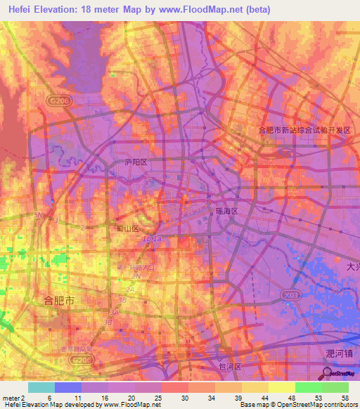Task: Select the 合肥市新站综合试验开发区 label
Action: point(304,130)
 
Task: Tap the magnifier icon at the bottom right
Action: point(328,373)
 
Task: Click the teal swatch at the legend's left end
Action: point(41,387)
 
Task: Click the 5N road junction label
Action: point(39,215)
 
